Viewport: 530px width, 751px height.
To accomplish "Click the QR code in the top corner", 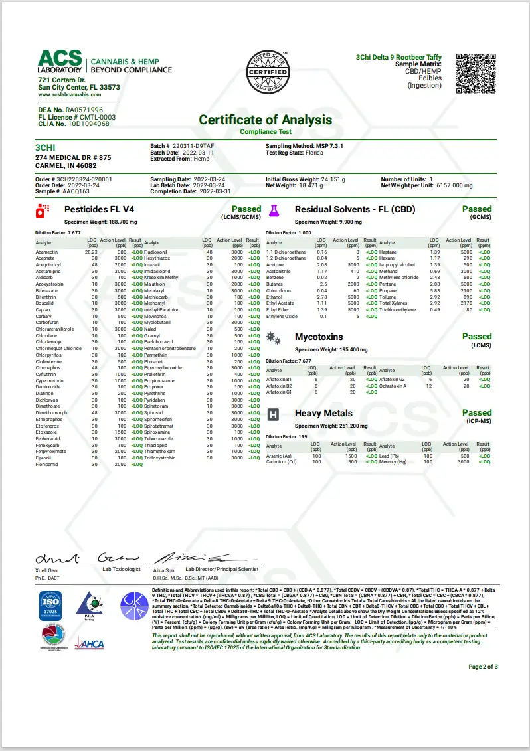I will tap(478, 73).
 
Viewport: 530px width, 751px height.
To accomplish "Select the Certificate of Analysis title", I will tap(265, 120).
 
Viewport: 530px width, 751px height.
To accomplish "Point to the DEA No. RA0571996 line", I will tap(70, 110).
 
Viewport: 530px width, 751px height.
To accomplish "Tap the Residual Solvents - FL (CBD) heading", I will tap(355, 209).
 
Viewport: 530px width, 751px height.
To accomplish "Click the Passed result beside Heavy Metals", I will tap(477, 412).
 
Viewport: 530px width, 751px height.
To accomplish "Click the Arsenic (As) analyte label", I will tap(282, 456).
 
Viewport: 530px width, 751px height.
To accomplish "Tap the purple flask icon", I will tap(272, 211).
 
